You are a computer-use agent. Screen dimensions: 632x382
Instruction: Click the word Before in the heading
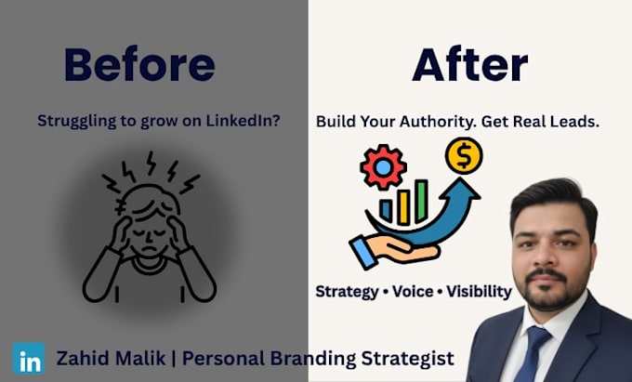tap(139, 65)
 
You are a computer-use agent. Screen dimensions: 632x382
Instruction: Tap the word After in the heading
tap(470, 65)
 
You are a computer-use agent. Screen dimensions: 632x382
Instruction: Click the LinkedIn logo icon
tap(29, 358)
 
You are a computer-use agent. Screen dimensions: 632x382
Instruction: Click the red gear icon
tap(383, 167)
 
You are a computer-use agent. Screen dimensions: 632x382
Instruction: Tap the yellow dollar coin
tap(464, 156)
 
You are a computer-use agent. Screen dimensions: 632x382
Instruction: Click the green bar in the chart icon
tap(421, 200)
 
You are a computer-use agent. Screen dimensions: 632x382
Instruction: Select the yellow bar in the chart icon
tap(403, 207)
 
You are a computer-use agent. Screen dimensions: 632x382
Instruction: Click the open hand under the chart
tap(393, 250)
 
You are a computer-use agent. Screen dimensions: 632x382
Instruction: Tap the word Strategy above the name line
tap(347, 292)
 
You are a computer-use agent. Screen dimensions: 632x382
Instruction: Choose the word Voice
tap(414, 291)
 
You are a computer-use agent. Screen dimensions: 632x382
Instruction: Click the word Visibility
tap(480, 292)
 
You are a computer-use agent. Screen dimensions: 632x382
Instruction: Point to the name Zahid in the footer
tap(82, 358)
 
